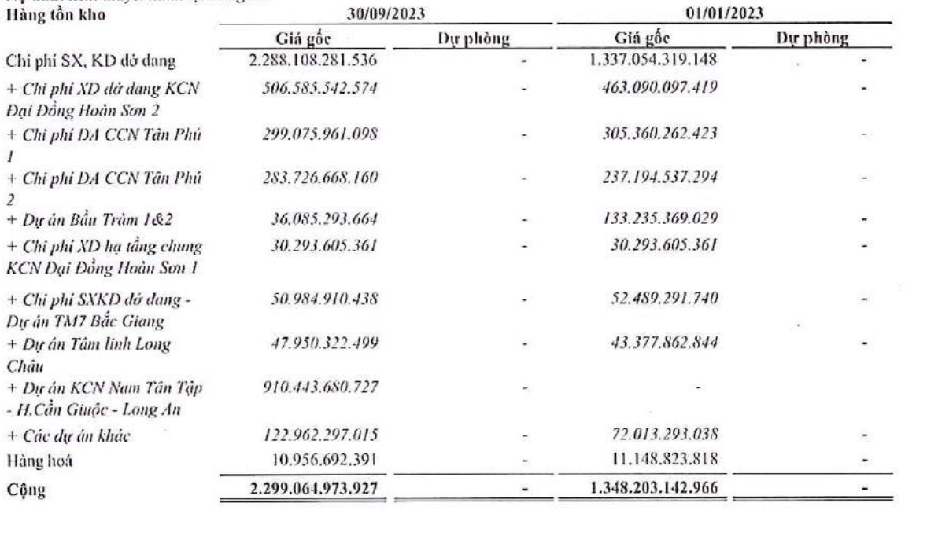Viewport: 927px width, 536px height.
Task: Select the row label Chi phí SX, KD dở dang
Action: [x=83, y=60]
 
